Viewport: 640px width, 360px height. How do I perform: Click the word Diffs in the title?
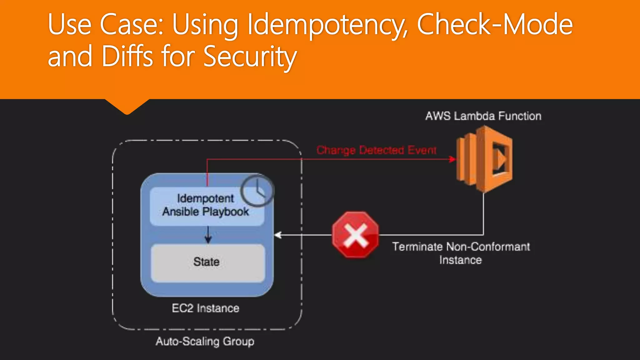point(127,56)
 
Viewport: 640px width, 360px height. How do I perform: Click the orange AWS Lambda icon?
point(484,159)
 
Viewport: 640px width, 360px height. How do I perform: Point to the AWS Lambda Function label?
point(483,116)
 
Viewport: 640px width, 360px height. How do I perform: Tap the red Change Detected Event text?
point(376,150)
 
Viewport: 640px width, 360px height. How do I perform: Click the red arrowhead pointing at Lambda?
point(452,159)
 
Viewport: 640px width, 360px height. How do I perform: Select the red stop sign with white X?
point(355,235)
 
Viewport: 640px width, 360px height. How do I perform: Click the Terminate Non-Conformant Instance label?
point(461,253)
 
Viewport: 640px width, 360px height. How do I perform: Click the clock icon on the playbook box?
point(257,191)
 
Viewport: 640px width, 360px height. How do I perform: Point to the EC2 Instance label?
point(206,308)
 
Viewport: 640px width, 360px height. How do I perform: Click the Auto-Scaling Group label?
point(205,341)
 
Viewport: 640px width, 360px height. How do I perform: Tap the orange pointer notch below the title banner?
point(127,106)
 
